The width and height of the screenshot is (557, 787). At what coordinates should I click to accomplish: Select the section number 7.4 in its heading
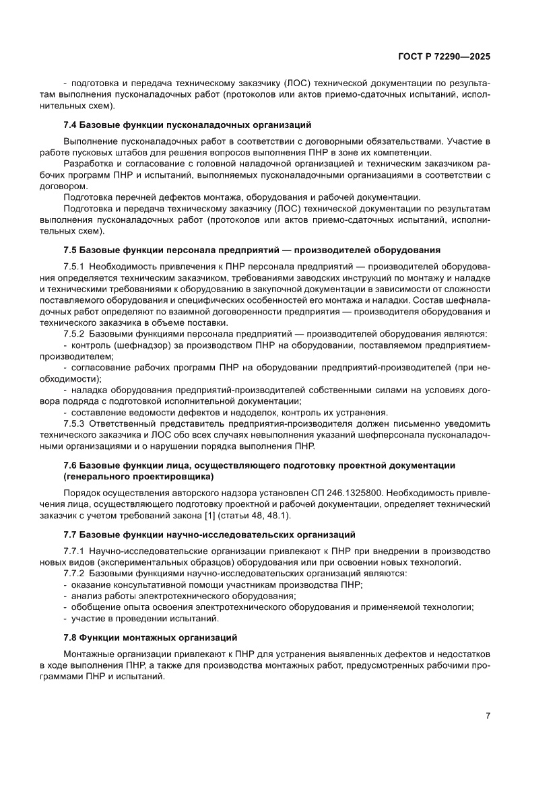71,125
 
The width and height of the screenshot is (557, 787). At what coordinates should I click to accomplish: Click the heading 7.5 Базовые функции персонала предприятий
251,250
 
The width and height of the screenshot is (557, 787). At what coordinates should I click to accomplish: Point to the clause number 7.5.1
73,267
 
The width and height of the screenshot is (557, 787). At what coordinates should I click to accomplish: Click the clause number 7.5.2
73,334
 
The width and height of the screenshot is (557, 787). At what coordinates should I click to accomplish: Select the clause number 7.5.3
73,423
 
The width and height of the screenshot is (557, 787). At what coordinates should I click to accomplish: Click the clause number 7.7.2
73,574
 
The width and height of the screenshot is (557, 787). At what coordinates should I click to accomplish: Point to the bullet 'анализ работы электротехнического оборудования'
183,596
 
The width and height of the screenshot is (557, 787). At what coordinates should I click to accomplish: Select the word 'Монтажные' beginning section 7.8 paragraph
88,654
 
